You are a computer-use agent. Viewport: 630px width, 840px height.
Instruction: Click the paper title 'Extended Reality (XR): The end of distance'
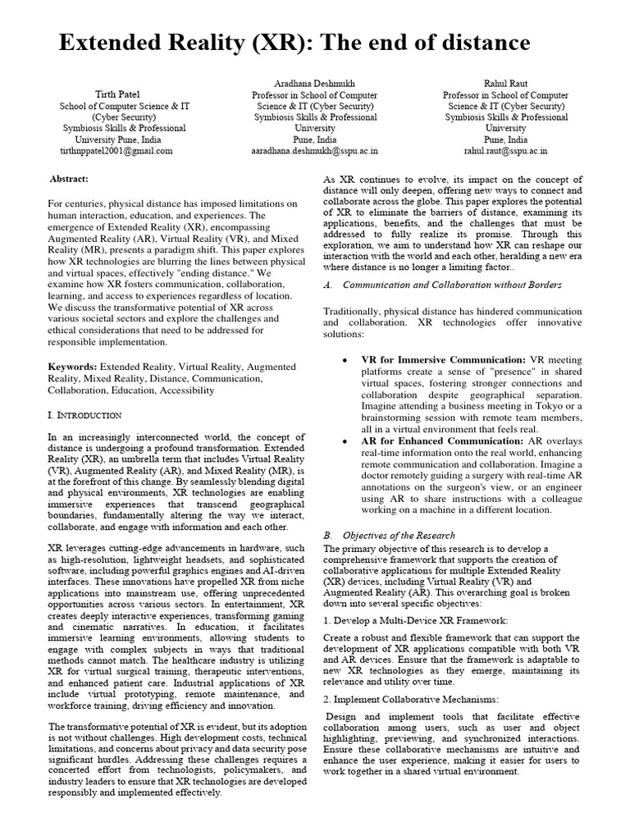[x=294, y=43]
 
